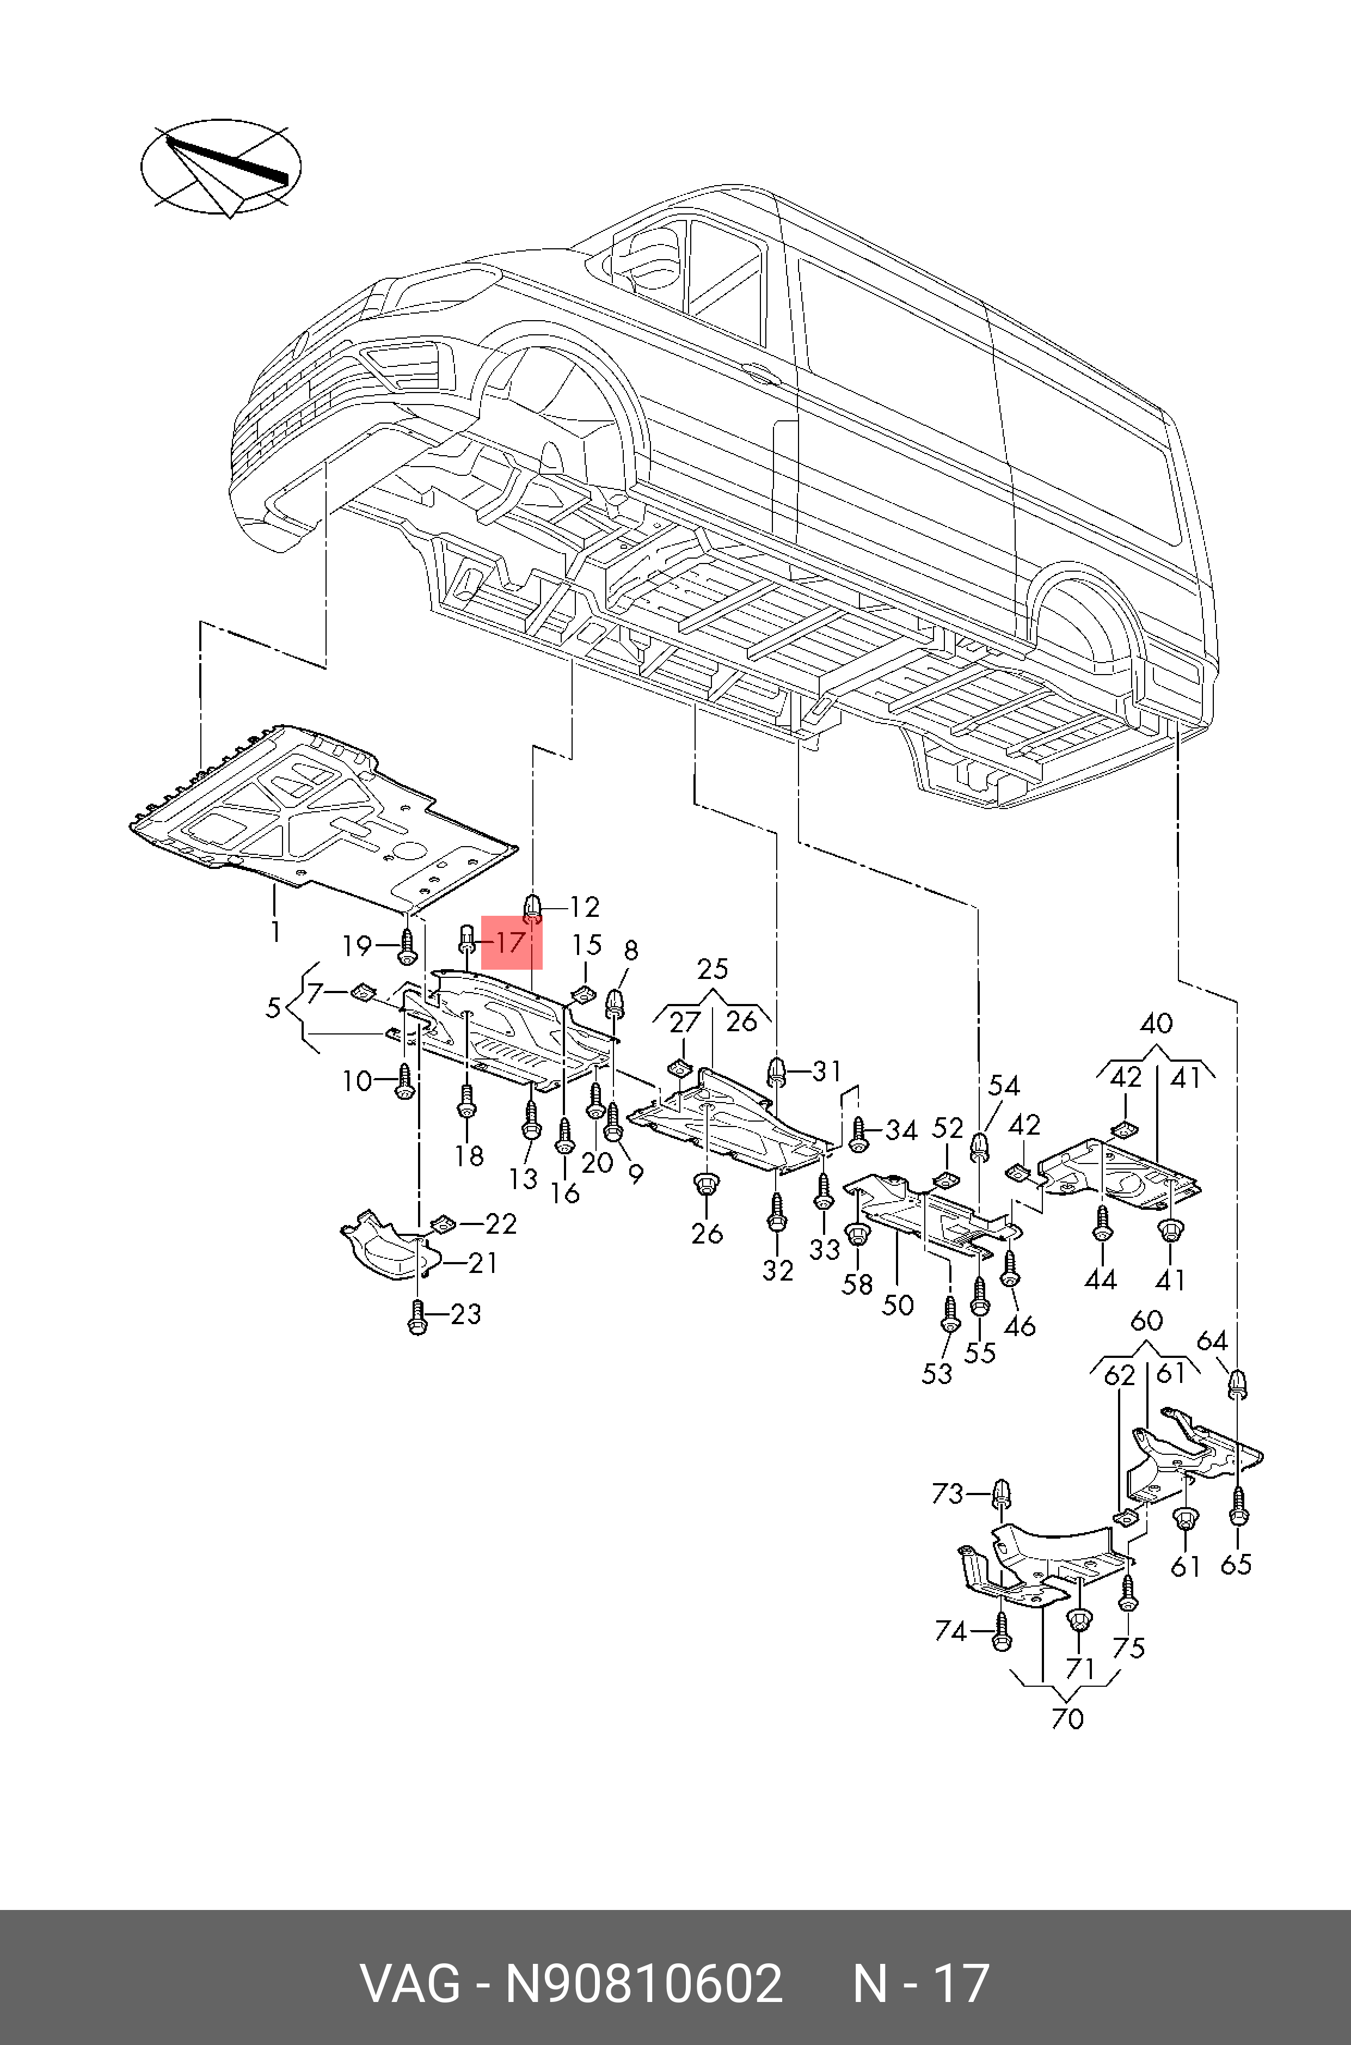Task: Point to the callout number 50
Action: coord(897,1304)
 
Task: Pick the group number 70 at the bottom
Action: coord(1067,1718)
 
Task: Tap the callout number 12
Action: coord(584,907)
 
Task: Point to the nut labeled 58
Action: coord(857,1235)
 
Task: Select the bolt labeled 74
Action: coord(1000,1632)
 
